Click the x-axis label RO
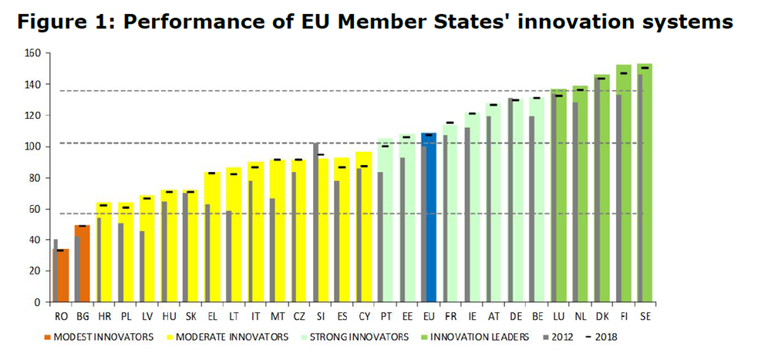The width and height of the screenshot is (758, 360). pos(60,316)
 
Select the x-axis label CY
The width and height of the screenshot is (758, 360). pos(364,316)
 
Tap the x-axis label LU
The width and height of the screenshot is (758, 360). pos(558,316)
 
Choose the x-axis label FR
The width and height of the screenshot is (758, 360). pos(450,316)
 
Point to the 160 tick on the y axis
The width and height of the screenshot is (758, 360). pos(32,53)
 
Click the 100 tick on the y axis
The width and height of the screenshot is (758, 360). pos(32,146)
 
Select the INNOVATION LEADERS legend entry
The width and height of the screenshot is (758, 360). pos(478,337)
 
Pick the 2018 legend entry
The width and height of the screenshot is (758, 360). pos(601,337)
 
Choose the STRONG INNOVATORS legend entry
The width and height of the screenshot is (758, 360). pos(354,337)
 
